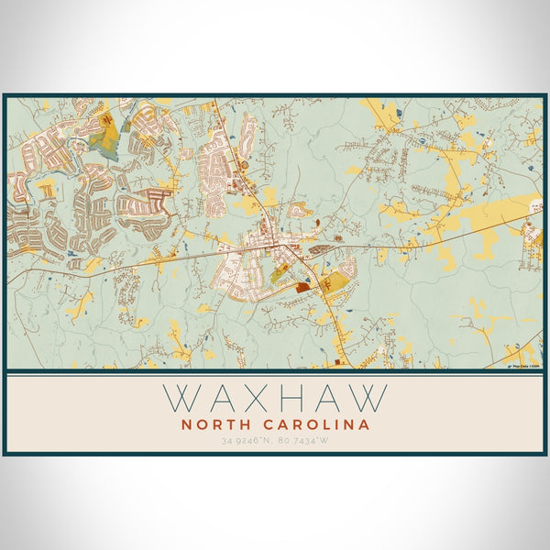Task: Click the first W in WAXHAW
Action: click(x=183, y=397)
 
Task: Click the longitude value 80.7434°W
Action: click(x=303, y=441)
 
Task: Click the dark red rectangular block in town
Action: click(x=302, y=287)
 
